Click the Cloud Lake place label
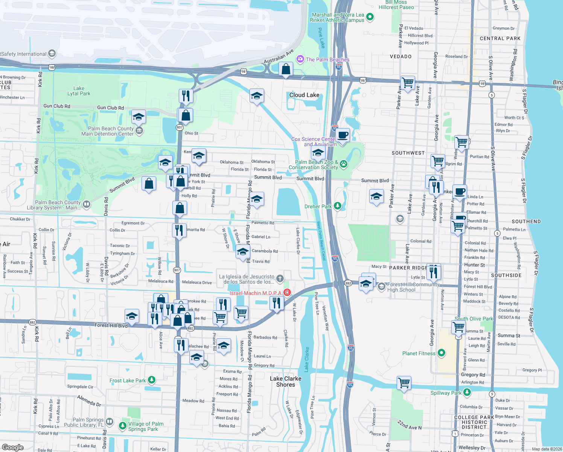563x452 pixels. coord(304,95)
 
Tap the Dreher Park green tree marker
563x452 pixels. coord(338,206)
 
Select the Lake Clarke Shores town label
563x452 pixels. coord(285,382)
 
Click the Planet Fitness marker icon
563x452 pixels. coord(441,353)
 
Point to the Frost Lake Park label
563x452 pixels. coord(128,380)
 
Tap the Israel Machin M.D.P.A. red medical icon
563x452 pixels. coord(287,293)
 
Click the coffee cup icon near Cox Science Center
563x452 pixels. coord(342,135)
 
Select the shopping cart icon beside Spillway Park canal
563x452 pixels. coord(404,383)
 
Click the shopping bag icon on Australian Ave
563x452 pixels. coord(286,69)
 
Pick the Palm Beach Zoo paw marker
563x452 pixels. coord(343,164)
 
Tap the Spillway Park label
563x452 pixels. coord(446,393)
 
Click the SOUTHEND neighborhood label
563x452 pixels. coord(526,221)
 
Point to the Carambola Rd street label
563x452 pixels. coord(265,251)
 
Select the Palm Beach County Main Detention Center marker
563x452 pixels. coord(139,131)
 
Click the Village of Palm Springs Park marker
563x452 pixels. coord(122,426)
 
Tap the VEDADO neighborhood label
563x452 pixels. coord(400,56)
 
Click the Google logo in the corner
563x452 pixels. coord(12,447)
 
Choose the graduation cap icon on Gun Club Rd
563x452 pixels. coord(138,117)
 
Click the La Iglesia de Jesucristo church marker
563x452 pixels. coord(280,279)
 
